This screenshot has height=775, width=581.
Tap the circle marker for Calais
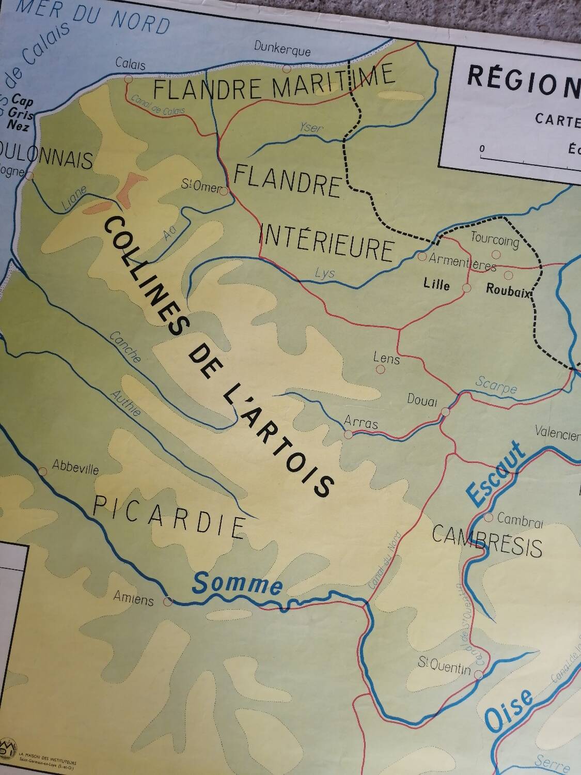coord(129,79)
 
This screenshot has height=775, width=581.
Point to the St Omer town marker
coord(224,191)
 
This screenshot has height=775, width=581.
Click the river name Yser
coord(310,128)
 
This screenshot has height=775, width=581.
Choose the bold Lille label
coord(436,285)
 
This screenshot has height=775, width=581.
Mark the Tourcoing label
coord(494,241)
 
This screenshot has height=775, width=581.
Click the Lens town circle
coord(381,369)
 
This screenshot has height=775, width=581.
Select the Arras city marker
coord(349,435)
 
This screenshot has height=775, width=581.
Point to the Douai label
coord(422,400)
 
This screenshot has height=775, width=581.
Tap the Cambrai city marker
coord(489,517)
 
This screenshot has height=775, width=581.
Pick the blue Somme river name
coord(238,584)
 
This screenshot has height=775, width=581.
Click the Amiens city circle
coord(167,601)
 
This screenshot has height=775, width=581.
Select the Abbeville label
coord(75,468)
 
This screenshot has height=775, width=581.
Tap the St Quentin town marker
coord(479,674)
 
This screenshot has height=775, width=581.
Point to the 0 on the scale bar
coord(482,149)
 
